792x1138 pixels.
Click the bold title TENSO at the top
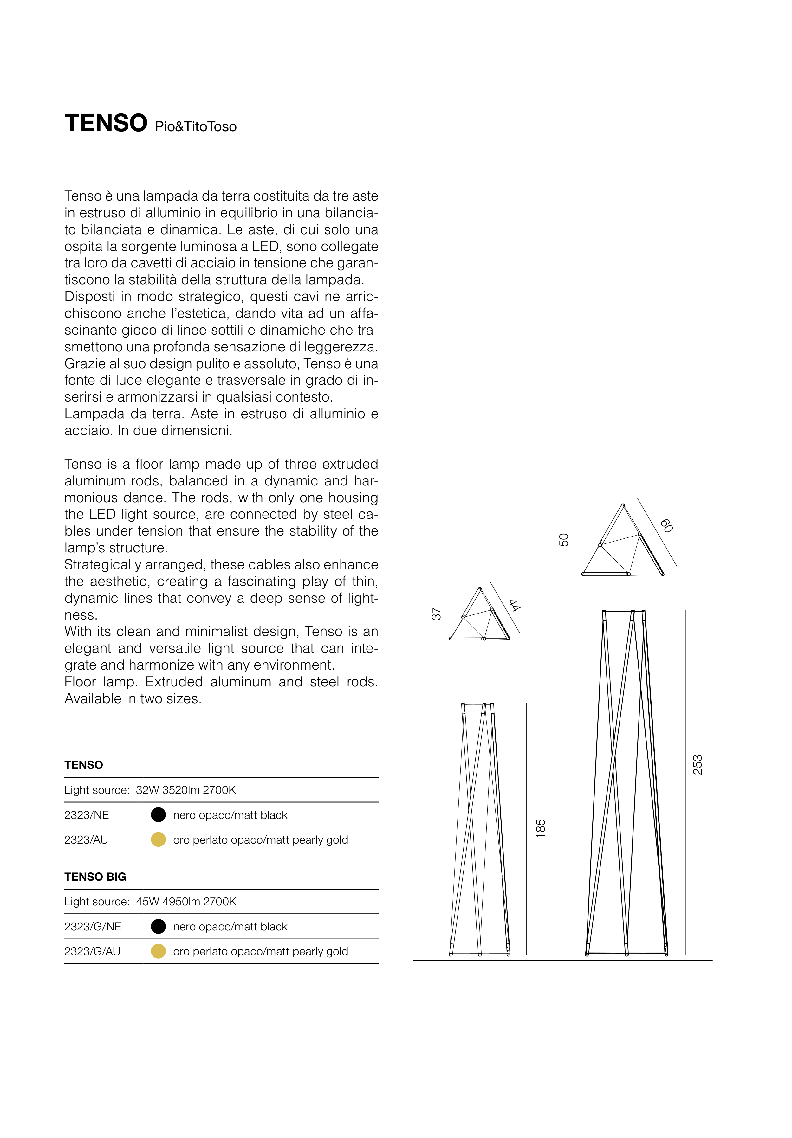(x=106, y=123)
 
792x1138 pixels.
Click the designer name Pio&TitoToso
(x=195, y=127)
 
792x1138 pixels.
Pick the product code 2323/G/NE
(x=93, y=926)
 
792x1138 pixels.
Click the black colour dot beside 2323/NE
(x=158, y=814)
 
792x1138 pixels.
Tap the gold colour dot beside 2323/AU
(x=158, y=839)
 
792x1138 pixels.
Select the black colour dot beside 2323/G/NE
(x=158, y=926)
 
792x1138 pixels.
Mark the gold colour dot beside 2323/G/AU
(x=158, y=951)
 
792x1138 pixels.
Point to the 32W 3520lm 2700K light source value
(x=186, y=790)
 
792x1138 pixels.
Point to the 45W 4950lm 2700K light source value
(x=186, y=902)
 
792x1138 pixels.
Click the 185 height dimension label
(x=541, y=829)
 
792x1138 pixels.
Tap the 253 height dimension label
(x=697, y=765)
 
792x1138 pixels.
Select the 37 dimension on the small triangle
(x=436, y=614)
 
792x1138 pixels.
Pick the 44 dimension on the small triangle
(x=514, y=605)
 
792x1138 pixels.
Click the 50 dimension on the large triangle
(x=564, y=540)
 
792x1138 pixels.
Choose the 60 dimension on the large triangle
(x=666, y=526)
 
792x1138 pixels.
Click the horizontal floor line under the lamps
(x=562, y=960)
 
